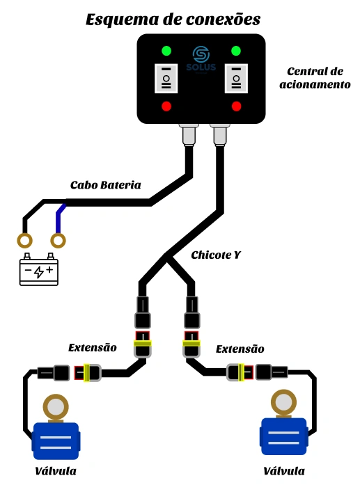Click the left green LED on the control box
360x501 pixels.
166,51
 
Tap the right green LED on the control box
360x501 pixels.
236,51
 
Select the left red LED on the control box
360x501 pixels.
166,106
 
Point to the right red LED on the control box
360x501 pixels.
236,106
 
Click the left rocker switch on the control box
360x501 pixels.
166,79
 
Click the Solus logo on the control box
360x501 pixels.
201,60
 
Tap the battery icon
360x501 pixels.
39,269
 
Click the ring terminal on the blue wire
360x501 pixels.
58,241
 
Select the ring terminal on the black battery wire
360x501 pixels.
24,241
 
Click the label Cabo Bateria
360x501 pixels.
106,185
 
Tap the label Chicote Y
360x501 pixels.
216,255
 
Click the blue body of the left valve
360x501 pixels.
56,441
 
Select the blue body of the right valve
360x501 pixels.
284,436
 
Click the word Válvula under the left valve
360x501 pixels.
56,471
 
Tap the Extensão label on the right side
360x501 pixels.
240,349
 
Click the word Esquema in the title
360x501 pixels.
123,19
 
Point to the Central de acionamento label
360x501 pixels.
315,78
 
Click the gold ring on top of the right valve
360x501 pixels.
283,402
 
